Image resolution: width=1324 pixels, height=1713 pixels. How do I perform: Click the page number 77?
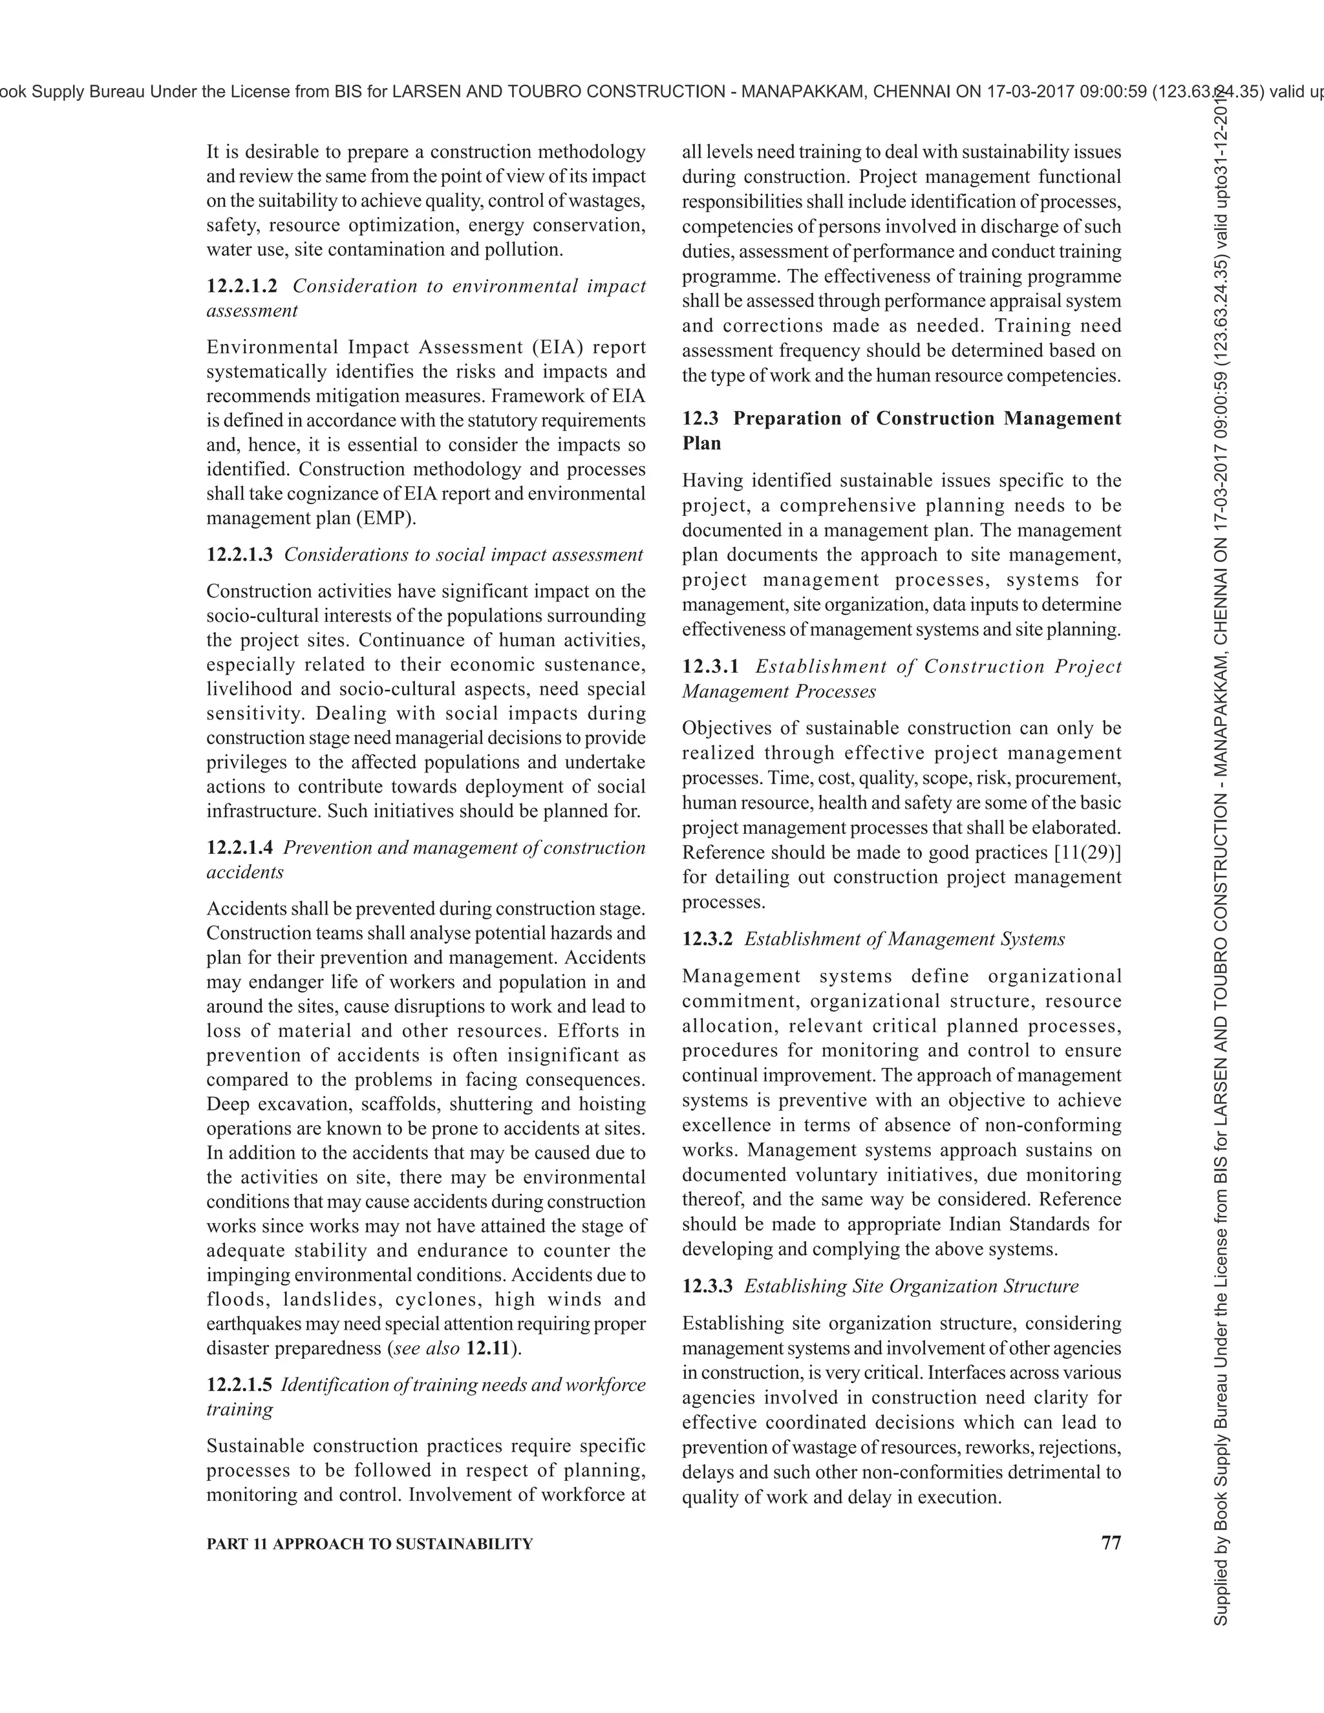1111,1543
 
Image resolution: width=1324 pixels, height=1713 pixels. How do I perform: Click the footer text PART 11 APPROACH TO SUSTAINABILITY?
369,1544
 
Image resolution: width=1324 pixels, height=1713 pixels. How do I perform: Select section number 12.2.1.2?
242,286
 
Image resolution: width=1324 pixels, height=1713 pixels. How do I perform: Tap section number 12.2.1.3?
239,555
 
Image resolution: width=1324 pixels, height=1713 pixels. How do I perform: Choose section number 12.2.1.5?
239,1385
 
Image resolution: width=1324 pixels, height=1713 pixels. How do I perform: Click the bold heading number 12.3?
699,418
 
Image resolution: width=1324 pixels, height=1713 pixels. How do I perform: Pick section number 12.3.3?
707,1286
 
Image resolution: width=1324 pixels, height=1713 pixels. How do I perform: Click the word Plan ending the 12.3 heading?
701,443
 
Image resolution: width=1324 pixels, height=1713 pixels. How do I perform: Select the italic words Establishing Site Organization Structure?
911,1286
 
